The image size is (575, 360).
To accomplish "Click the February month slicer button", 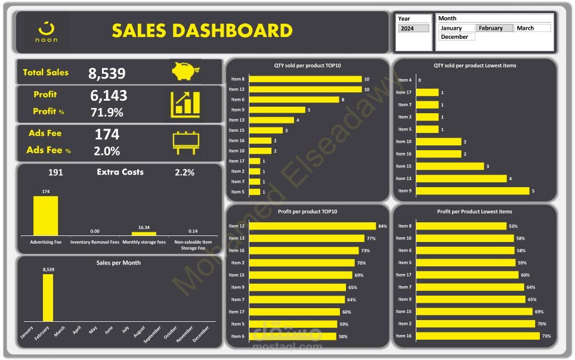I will [494, 28].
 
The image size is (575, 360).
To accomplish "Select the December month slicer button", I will [457, 37].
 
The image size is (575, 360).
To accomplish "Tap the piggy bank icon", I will [185, 72].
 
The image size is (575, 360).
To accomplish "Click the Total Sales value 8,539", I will [107, 73].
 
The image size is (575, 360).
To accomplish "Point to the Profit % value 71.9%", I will [107, 112].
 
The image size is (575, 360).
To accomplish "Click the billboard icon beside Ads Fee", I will [186, 142].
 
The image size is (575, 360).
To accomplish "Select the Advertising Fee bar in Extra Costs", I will [45, 215].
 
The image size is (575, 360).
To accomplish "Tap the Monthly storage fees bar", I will [143, 234].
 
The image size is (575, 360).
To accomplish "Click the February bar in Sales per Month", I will [48, 298].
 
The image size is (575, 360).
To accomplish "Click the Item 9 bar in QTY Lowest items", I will [472, 191].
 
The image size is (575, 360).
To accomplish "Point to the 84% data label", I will [382, 226].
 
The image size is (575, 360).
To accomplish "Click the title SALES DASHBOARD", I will [202, 30].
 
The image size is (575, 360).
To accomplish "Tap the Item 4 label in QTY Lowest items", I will [404, 80].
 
